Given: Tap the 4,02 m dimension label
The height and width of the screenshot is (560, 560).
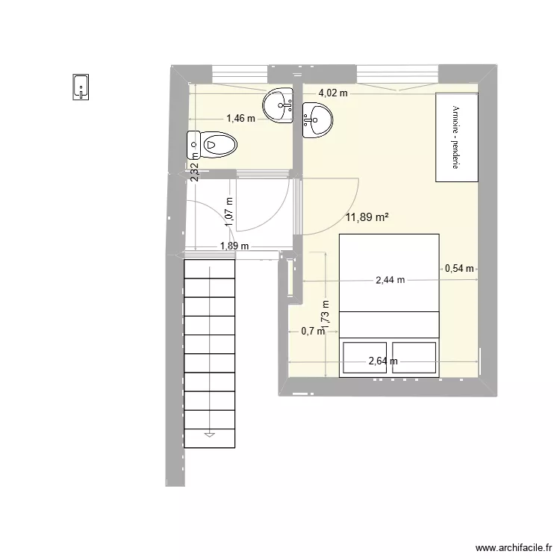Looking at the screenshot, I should (333, 93).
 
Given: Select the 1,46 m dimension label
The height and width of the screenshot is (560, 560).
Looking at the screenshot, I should (240, 118).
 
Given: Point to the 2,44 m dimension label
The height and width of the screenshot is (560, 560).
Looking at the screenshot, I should (390, 280).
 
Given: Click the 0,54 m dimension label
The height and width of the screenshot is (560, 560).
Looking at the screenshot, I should (459, 269).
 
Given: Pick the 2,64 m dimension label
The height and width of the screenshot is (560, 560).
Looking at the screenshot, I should (383, 362).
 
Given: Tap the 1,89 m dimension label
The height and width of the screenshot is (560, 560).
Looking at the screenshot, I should (234, 246).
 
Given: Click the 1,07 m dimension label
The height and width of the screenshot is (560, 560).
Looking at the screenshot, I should (230, 211).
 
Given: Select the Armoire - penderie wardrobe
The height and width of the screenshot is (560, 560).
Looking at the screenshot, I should (456, 137).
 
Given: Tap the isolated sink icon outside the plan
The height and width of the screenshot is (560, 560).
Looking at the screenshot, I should (81, 87).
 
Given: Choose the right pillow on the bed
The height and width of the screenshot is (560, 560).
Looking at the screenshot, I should (414, 357).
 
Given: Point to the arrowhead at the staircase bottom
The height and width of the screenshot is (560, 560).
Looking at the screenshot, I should (210, 433).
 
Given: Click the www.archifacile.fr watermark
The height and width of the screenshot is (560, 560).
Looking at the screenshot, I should (511, 547).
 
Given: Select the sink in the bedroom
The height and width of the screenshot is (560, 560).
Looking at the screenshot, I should (318, 119).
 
